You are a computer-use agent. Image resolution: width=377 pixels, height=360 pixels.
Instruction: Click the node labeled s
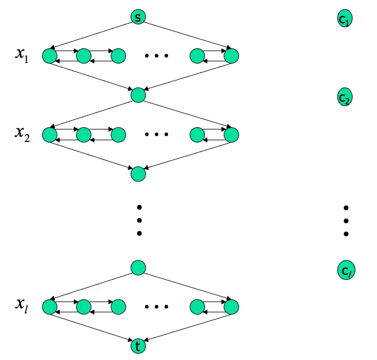pos(138,17)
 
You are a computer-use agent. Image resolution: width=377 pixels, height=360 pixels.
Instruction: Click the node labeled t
pos(138,345)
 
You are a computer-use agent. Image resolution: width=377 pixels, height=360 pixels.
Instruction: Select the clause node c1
pos(345,20)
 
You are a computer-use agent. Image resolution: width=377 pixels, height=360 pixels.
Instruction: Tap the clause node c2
pos(345,97)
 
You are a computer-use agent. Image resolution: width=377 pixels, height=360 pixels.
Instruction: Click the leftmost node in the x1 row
pos(49,56)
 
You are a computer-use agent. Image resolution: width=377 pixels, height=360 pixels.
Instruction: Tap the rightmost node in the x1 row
pos(232,56)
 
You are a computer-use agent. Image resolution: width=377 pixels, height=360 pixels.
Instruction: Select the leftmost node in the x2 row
pos(49,135)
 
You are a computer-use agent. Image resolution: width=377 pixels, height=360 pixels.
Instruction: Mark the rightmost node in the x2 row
pos(232,135)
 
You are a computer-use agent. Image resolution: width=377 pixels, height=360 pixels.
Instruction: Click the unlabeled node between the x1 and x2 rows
pos(138,95)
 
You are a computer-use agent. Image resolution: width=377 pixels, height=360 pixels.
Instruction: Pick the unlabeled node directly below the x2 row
pos(138,174)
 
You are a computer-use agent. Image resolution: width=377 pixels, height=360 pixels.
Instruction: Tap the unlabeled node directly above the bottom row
pos(138,267)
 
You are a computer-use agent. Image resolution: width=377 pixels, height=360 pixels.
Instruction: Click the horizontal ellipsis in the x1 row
pos(157,56)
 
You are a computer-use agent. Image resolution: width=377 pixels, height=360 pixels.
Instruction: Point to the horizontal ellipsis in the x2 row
pos(157,135)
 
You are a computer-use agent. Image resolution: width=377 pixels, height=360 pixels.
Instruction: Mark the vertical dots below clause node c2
pos(345,220)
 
